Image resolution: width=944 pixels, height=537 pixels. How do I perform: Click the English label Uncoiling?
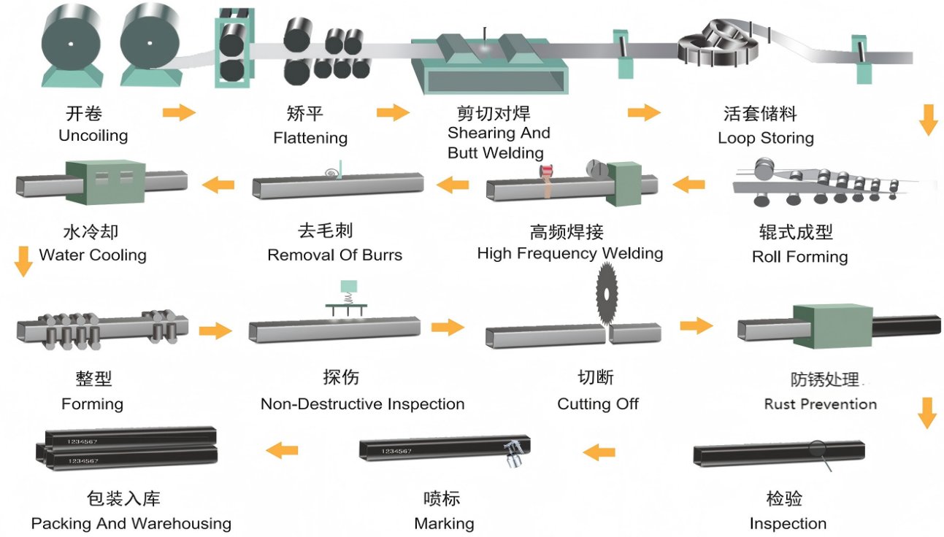93,136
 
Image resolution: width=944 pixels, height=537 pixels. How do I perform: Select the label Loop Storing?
765,138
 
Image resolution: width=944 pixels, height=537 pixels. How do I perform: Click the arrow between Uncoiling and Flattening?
179,112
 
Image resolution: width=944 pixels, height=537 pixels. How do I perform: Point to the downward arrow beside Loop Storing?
928,120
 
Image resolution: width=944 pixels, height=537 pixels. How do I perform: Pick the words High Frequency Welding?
569,254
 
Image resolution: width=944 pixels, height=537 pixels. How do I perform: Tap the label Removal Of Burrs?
334,255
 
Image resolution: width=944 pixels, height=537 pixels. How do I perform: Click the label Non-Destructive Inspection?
362,404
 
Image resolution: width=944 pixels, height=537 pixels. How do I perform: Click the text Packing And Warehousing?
131,524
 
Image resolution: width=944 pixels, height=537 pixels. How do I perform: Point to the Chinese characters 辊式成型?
796,233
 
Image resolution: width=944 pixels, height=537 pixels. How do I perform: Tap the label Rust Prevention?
820,404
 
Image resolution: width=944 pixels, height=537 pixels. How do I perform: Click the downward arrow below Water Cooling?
24,261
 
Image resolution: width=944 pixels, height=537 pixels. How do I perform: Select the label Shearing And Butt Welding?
498,143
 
